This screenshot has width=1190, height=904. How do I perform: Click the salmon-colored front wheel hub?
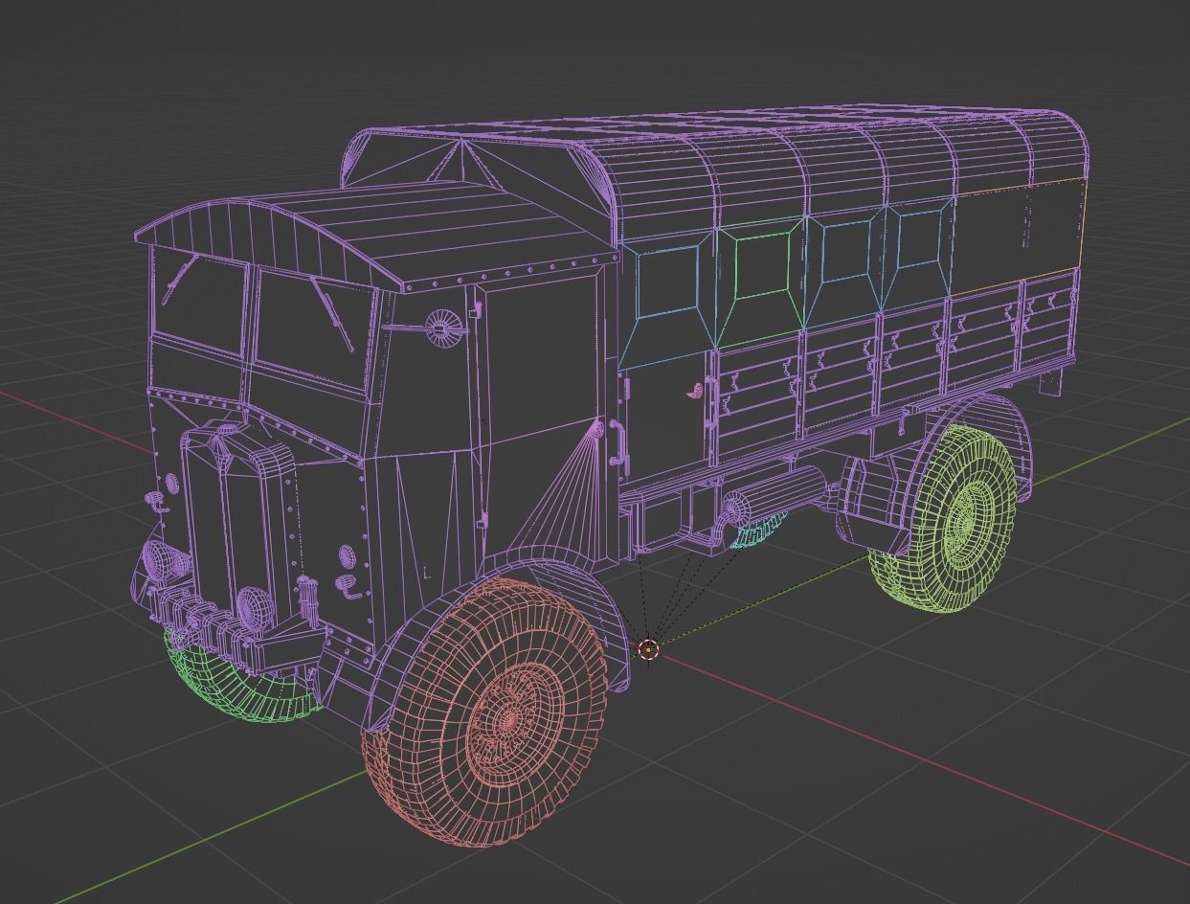tap(511, 717)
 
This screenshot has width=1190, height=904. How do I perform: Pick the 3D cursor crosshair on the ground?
tap(648, 650)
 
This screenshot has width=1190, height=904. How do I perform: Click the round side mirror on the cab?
tap(441, 328)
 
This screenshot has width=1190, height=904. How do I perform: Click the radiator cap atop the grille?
tap(227, 430)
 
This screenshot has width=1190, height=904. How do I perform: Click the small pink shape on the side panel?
tap(696, 390)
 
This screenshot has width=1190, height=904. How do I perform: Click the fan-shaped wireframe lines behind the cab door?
tap(555, 498)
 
